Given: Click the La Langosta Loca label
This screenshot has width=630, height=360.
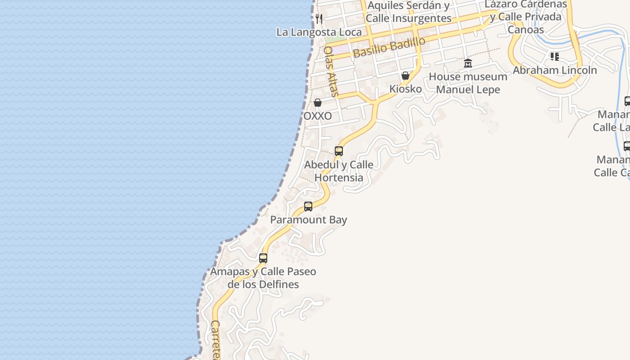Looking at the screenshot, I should click(x=319, y=32).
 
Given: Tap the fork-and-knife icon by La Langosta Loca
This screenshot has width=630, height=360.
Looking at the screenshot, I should click(x=319, y=18).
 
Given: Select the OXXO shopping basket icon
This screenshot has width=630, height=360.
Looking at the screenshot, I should click(x=318, y=103).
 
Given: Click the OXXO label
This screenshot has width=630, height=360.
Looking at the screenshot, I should click(x=318, y=116).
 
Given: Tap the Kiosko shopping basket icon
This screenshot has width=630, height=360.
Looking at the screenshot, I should click(x=405, y=76).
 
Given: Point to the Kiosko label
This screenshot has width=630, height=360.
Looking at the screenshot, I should click(x=405, y=89).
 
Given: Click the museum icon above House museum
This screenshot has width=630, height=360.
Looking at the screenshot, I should click(x=468, y=63).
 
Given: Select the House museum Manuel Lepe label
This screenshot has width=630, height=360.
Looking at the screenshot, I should click(x=468, y=83).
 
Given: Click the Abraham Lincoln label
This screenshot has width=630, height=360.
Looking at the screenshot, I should click(x=555, y=70).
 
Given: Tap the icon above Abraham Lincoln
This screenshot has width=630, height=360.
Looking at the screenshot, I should click(x=555, y=57).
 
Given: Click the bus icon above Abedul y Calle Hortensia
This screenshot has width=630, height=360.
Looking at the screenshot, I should click(x=339, y=151).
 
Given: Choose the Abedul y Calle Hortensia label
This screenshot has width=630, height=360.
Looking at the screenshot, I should click(x=339, y=171).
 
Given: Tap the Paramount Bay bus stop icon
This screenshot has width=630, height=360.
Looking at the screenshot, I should click(x=308, y=207).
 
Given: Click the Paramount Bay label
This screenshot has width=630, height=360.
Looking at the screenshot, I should click(x=309, y=220).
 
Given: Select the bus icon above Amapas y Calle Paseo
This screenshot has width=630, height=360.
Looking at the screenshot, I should click(x=263, y=258).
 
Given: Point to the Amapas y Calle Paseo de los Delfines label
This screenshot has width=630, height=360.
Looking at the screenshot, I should click(x=263, y=278).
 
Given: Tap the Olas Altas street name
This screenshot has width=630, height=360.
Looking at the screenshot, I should click(x=331, y=72).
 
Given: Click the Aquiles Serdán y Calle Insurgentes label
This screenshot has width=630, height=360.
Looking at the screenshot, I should click(x=408, y=12).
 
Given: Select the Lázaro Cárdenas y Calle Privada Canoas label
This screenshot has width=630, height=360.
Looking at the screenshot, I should click(x=526, y=17).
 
